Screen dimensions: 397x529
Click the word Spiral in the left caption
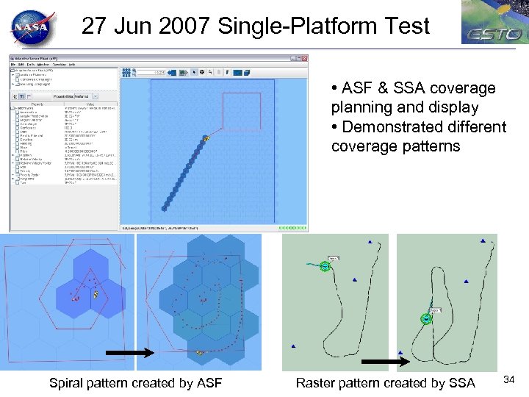(x=67, y=382)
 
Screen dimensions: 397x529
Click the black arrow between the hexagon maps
(x=129, y=354)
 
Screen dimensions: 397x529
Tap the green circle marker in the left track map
(x=325, y=266)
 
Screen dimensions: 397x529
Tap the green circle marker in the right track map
(x=425, y=318)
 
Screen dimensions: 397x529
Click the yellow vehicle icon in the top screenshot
(x=207, y=137)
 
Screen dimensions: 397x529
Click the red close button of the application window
(x=303, y=58)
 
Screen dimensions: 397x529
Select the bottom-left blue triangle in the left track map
(x=293, y=346)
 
